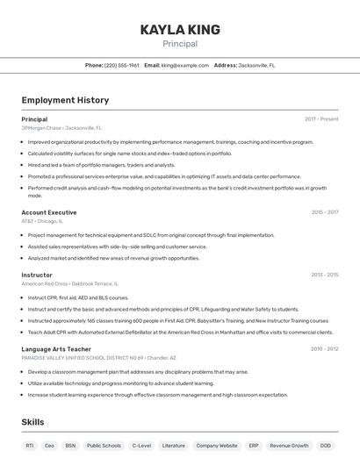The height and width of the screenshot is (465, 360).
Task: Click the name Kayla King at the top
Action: [180, 30]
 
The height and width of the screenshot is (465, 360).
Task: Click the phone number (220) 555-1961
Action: [121, 65]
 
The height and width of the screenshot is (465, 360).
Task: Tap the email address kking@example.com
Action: [179, 65]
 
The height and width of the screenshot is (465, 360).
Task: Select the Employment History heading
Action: [65, 101]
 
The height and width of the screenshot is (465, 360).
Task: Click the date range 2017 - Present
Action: [321, 119]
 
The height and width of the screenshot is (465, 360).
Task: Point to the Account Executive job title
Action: [49, 212]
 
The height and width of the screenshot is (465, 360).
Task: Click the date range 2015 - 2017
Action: [324, 212]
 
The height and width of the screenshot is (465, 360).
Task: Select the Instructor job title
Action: [37, 275]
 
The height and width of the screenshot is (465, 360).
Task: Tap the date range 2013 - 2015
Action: [324, 275]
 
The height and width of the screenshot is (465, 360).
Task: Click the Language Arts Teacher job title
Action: [56, 349]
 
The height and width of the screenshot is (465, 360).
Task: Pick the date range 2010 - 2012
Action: [324, 349]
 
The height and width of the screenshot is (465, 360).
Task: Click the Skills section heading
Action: [33, 422]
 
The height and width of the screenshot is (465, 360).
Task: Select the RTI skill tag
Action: [30, 446]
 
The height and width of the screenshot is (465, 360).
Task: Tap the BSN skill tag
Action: [70, 446]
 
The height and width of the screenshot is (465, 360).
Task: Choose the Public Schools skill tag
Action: [104, 446]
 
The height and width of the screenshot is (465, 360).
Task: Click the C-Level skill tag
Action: [141, 446]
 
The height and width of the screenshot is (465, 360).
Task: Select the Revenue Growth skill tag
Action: [289, 446]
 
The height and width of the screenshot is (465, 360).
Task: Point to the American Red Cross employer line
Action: [69, 283]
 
